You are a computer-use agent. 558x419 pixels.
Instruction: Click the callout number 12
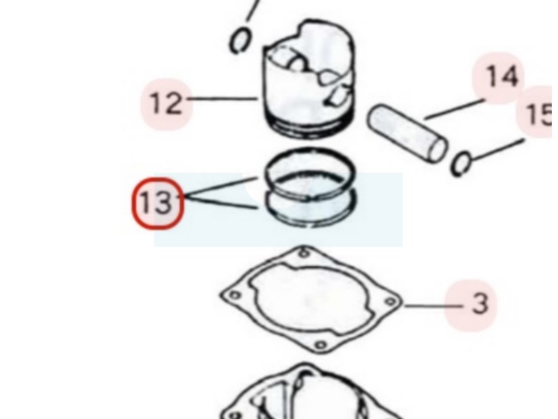pos(166,103)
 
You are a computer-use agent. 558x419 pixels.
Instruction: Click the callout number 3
pos(480,304)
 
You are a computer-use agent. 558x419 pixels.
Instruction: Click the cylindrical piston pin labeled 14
pos(407,133)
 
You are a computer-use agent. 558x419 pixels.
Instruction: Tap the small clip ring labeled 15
pos(461,163)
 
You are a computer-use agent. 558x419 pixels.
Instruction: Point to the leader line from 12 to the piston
pos(222,98)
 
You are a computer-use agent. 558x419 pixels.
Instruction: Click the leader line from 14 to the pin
pos(455,109)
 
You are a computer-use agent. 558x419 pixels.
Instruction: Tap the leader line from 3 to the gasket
pos(434,306)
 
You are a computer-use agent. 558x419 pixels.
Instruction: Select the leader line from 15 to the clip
pos(497,149)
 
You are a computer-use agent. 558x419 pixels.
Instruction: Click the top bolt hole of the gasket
pos(303,253)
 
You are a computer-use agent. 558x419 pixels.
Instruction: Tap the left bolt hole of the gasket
pos(234,295)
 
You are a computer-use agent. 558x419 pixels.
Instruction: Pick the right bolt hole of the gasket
pos(391,302)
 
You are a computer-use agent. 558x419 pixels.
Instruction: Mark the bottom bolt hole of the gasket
pos(321,345)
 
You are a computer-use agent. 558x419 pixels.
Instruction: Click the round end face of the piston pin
pos(438,149)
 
